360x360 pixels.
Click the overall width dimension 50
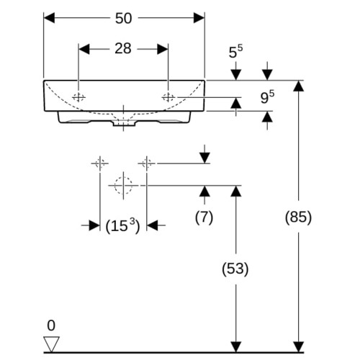click(123, 18)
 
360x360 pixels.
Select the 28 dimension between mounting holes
click(123, 48)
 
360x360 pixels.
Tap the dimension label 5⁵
click(235, 52)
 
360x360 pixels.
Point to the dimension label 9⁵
click(267, 97)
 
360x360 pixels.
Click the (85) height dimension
click(298, 217)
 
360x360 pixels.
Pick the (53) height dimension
click(235, 269)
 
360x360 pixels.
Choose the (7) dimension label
click(204, 217)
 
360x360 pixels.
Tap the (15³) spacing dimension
click(122, 225)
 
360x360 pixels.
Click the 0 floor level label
click(51, 325)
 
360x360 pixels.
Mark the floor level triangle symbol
click(51, 344)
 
